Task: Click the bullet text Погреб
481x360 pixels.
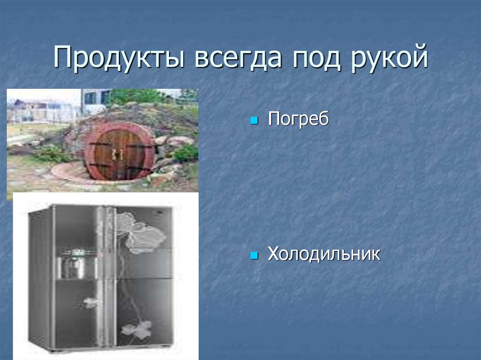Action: (298, 119)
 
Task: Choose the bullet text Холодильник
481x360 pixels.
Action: (324, 254)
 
